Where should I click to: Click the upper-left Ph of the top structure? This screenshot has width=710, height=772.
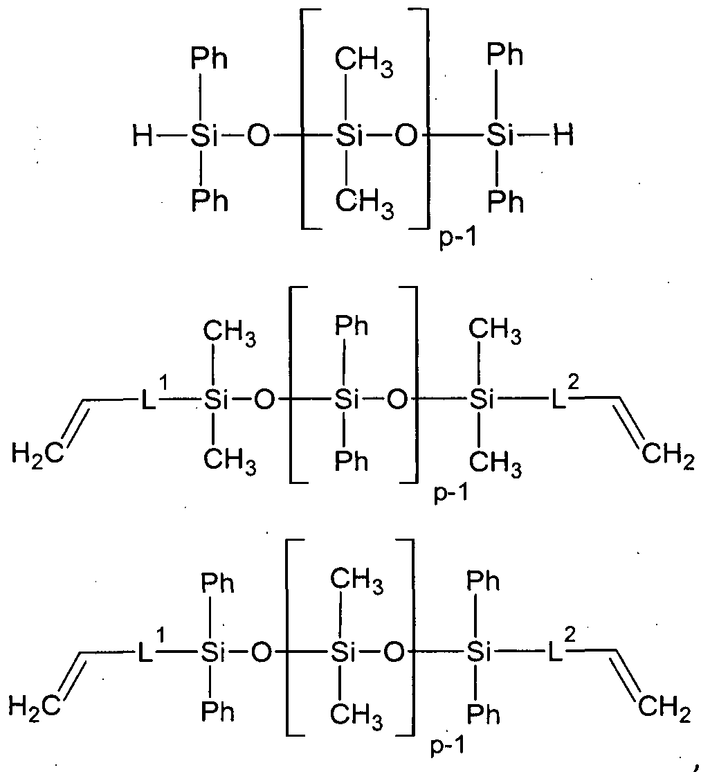208,59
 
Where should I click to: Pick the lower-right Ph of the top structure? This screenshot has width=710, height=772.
505,202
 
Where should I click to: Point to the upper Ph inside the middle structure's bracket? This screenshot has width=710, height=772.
351,326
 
